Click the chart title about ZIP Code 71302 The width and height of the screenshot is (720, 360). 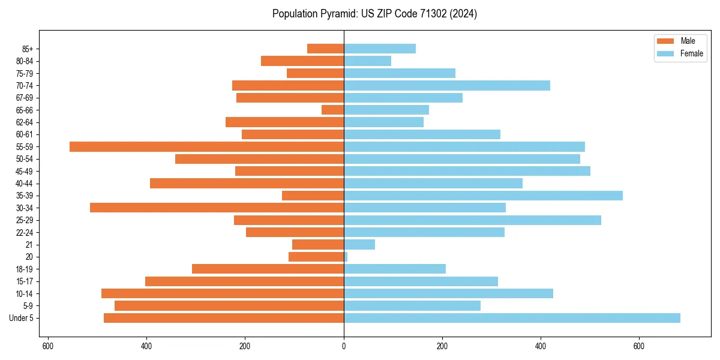(374, 14)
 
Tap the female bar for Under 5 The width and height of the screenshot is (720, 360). (512, 318)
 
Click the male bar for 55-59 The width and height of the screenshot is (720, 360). (206, 146)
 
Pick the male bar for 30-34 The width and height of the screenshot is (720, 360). (217, 208)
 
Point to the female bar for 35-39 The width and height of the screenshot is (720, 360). (483, 196)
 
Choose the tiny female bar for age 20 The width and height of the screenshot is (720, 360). (346, 257)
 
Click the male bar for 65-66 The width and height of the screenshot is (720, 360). (332, 110)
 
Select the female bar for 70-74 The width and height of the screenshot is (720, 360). (447, 85)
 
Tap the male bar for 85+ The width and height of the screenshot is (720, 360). (325, 49)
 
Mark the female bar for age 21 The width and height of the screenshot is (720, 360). (359, 244)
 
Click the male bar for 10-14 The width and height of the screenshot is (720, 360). (223, 293)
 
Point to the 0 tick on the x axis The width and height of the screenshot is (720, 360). (344, 346)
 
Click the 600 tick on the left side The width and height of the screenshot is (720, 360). (48, 346)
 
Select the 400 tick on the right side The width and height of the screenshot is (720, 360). (541, 346)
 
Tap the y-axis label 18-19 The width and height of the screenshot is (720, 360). (25, 269)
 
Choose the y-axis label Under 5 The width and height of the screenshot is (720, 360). (21, 318)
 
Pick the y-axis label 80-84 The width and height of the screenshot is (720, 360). (25, 61)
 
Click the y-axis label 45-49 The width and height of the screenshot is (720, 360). (25, 171)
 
